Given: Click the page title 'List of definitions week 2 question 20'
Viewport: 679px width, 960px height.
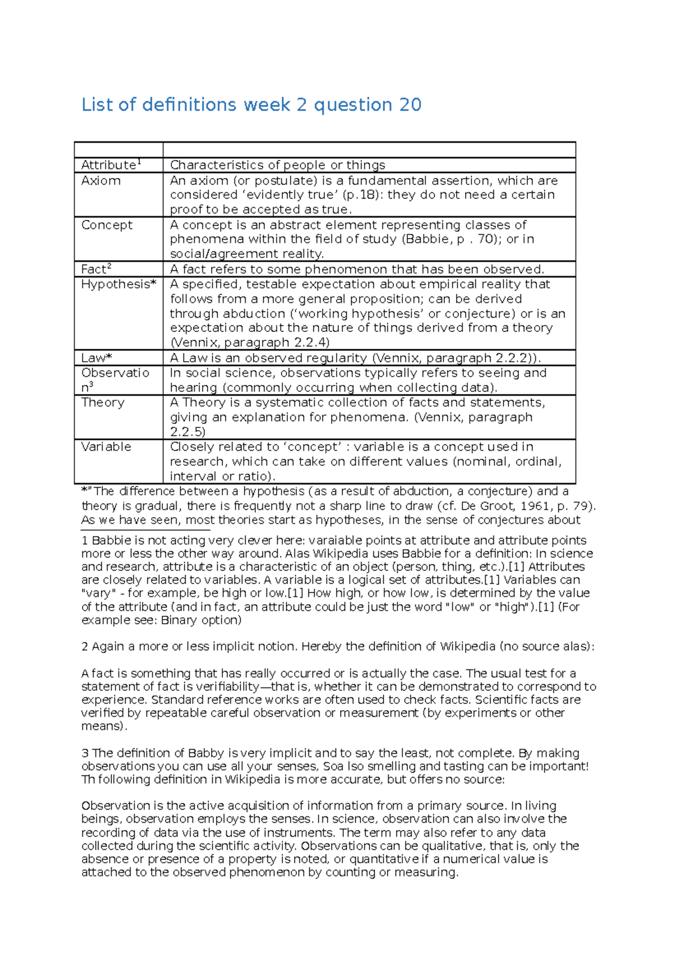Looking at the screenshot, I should tap(251, 105).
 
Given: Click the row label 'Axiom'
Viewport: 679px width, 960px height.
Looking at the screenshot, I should tap(101, 181).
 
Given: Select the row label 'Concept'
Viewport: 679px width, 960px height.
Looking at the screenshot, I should tap(106, 225).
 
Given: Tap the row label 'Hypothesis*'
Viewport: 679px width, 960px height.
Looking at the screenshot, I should tap(118, 284).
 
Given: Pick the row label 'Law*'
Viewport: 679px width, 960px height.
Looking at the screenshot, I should tap(97, 358).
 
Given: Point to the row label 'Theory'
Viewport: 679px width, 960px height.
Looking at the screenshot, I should tap(102, 403).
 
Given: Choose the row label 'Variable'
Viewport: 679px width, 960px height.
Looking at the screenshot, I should tap(106, 447).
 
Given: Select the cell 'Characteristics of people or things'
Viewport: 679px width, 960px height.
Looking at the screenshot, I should tap(277, 165).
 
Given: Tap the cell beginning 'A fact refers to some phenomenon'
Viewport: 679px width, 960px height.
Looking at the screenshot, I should tap(356, 269).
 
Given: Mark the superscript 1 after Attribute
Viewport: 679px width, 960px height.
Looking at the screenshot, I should tap(139, 162).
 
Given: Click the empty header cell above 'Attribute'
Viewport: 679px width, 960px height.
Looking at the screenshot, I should tap(118, 150).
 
